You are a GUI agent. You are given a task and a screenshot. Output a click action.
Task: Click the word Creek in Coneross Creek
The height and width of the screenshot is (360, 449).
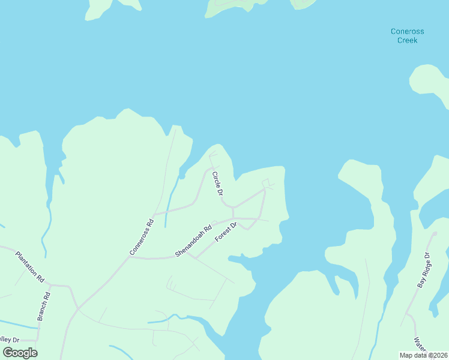pyautogui.click(x=407, y=40)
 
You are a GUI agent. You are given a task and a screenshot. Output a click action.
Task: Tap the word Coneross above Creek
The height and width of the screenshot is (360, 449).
pyautogui.click(x=407, y=31)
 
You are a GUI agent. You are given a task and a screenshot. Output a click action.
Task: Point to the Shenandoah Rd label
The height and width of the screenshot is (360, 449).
pyautogui.click(x=193, y=241)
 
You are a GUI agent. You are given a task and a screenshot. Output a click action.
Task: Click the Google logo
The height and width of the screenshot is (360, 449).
pyautogui.click(x=20, y=353)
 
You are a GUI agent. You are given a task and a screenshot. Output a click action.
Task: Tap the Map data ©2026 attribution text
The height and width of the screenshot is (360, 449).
pyautogui.click(x=423, y=355)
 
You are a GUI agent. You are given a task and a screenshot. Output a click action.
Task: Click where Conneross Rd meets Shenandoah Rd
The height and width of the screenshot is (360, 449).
pyautogui.click(x=130, y=257)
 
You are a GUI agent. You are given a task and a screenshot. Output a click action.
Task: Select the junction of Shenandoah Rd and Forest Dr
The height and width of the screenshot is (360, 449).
pyautogui.click(x=187, y=253)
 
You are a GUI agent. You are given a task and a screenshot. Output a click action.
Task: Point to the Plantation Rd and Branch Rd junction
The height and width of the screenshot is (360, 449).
pyautogui.click(x=50, y=284)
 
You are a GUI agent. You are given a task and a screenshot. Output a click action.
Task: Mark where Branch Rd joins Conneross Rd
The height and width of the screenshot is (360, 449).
pyautogui.click(x=77, y=308)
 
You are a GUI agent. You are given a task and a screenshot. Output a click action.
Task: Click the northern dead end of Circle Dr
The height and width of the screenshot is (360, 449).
pyautogui.click(x=210, y=155)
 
